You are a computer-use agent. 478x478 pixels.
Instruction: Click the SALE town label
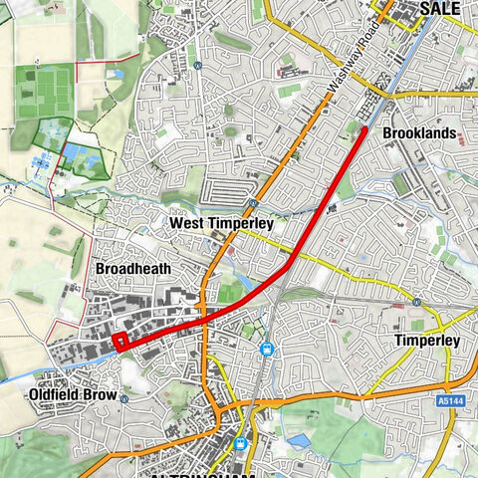point(440,8)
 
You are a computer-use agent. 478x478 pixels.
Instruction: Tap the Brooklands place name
point(420,133)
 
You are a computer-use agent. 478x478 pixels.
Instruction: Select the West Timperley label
point(221,224)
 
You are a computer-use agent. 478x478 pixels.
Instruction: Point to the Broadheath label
point(133,269)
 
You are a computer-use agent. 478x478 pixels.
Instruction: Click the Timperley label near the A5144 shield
point(426,341)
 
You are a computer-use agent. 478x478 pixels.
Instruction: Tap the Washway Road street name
point(344,73)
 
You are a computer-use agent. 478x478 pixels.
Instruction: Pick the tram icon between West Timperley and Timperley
point(267,349)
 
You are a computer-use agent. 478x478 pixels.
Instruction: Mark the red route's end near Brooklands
point(364,128)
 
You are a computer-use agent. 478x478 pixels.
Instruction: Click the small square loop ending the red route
point(119,343)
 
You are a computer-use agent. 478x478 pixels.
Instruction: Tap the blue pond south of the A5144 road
point(296,439)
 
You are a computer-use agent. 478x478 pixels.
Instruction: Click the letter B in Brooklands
point(388,133)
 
